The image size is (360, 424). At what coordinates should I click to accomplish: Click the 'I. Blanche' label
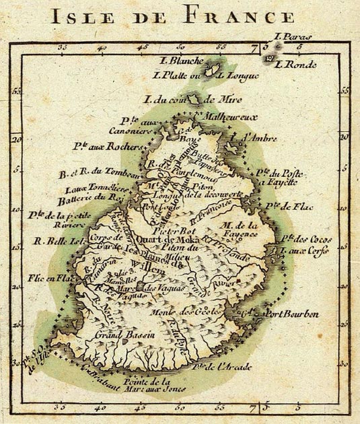click(178, 61)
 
